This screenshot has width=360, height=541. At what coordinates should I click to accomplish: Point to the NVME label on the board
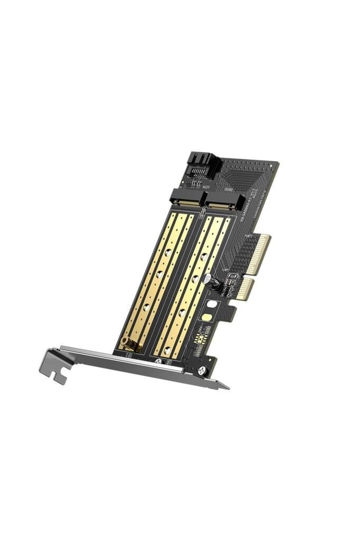pos(228,191)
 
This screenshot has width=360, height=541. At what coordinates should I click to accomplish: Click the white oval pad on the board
pos(212,304)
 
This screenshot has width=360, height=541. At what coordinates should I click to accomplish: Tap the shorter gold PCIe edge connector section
pos(243,290)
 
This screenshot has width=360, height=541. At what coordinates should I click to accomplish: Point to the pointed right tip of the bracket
pos(228,388)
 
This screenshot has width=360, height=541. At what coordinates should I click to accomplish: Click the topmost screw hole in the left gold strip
pos(168,253)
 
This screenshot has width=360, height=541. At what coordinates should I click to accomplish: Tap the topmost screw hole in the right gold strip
pos(204,257)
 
